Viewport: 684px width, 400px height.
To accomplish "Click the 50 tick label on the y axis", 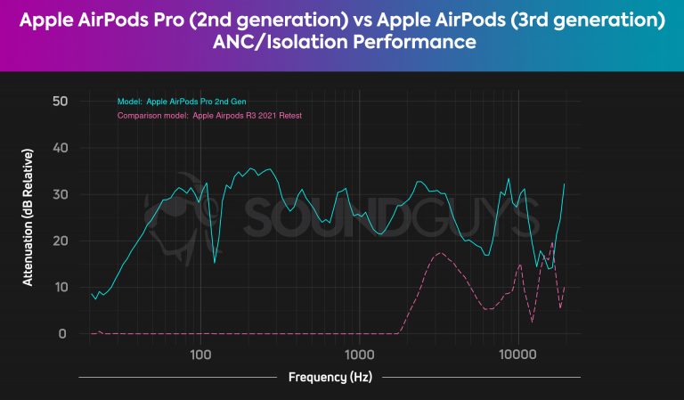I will [x=61, y=102].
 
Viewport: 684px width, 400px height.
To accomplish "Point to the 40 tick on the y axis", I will [x=61, y=148].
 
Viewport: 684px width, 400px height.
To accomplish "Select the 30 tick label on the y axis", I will [x=61, y=194].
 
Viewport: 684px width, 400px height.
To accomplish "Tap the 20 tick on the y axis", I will [x=61, y=241].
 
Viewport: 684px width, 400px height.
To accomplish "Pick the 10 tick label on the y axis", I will [x=61, y=287].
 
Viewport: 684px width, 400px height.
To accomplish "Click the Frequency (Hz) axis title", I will [x=330, y=377].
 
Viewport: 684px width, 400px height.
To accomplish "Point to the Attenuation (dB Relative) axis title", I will [x=28, y=217].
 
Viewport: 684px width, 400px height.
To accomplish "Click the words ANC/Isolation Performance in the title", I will [x=342, y=42].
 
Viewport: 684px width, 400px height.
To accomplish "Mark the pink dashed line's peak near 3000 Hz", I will [x=441, y=253].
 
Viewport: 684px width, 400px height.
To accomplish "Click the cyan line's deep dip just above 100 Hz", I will [x=215, y=262].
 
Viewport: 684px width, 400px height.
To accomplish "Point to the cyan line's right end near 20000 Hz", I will [x=565, y=184].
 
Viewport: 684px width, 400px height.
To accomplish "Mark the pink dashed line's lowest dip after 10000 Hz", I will [x=533, y=322].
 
